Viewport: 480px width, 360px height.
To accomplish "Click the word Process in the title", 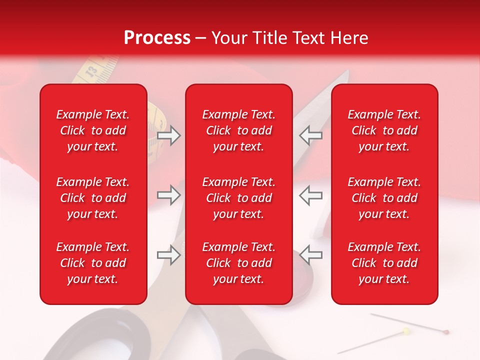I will (x=157, y=38).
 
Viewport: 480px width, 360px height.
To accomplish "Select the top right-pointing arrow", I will (x=168, y=135).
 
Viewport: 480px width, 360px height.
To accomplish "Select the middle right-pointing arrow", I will (x=168, y=195).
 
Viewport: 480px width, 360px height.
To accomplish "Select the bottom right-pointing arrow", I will (x=168, y=255).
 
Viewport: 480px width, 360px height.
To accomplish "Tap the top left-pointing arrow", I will (x=311, y=135).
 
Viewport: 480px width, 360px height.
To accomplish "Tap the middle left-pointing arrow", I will (x=311, y=195).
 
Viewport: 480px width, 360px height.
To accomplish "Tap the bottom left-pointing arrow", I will (x=311, y=255).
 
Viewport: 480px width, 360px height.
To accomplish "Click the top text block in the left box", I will (x=93, y=130).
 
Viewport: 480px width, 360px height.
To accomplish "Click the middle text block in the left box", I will (x=93, y=198).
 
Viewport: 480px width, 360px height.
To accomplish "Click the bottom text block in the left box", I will (x=93, y=263).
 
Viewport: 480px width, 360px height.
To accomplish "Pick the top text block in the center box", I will (x=238, y=130).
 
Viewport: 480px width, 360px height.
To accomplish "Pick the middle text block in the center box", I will (x=238, y=198).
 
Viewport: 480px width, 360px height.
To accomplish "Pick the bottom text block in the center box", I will (x=238, y=263).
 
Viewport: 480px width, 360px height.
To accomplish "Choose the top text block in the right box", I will (x=384, y=130).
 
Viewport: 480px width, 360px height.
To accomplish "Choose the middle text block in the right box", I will (x=384, y=198).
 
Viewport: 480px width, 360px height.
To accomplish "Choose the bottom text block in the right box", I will (x=384, y=263).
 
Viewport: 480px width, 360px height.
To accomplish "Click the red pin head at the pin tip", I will (x=446, y=331).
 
